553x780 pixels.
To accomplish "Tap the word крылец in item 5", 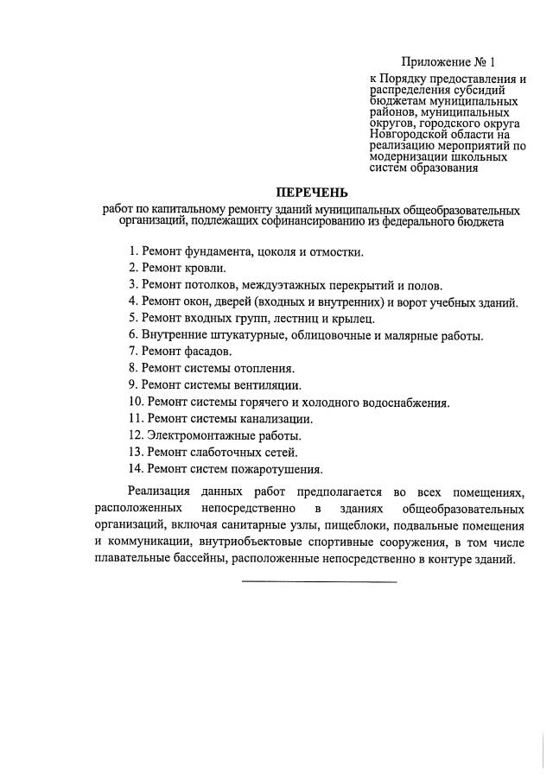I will click(x=353, y=318).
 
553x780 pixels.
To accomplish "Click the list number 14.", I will click(x=134, y=469).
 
